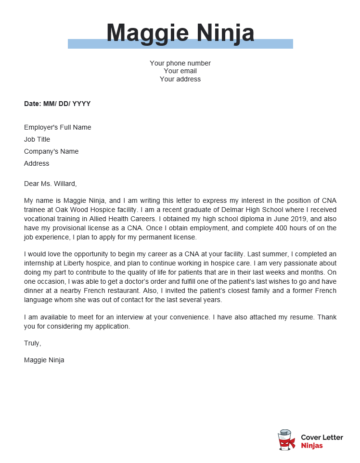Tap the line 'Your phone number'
coord(178,63)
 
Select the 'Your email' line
coord(178,71)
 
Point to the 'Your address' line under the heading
coord(178,79)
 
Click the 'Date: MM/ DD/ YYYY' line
coord(59,103)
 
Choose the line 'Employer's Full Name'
coord(57,127)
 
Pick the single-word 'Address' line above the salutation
coord(37,163)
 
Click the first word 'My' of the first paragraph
coord(29,201)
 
